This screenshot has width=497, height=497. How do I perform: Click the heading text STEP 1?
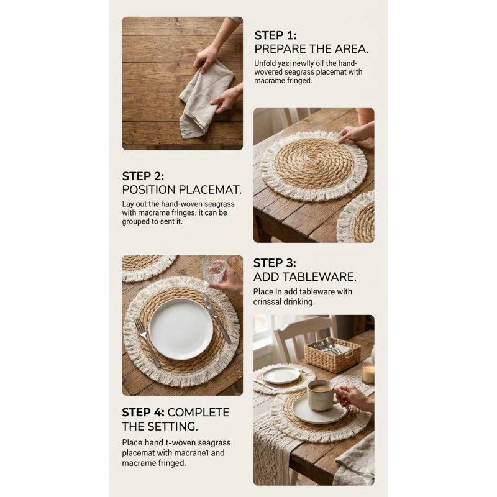click(x=275, y=35)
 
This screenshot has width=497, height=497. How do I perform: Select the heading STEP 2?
click(x=143, y=176)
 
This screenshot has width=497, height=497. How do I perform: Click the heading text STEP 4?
click(x=144, y=412)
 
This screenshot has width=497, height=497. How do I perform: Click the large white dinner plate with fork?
click(x=181, y=329)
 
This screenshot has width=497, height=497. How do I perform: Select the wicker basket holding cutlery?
click(x=332, y=354)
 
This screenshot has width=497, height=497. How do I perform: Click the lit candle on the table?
click(x=368, y=373)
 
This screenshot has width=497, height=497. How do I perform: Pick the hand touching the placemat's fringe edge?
click(x=355, y=132)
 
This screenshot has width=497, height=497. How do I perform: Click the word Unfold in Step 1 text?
click(x=265, y=63)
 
